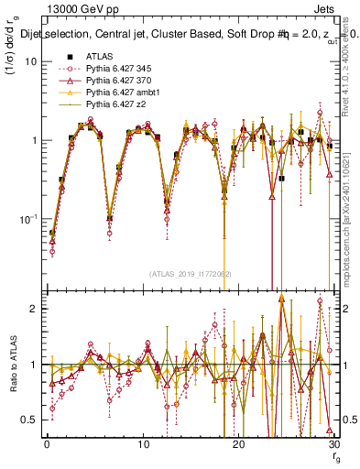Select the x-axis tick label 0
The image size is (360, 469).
click(x=46, y=444)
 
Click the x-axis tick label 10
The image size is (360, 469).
click(x=141, y=444)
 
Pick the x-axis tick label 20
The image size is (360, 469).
click(x=236, y=444)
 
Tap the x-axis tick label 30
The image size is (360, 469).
click(x=331, y=444)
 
